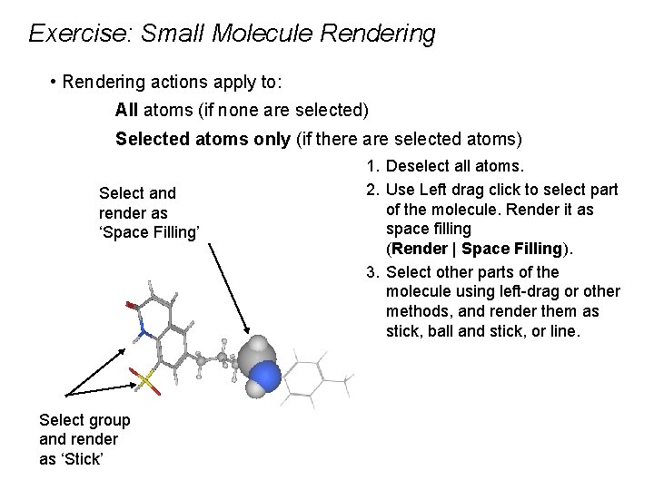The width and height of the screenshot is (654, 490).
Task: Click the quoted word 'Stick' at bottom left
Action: pos(84,459)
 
